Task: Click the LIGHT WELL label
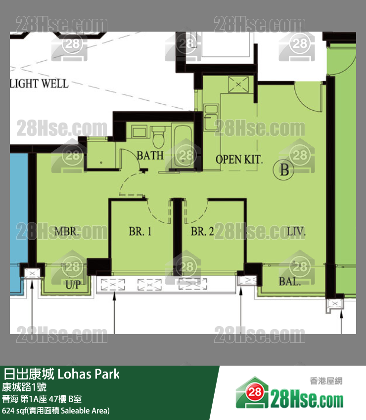tap(40, 84)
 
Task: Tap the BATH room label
tap(150, 155)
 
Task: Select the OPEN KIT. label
tap(239, 160)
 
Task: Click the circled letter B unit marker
tap(284, 169)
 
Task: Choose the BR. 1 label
tap(140, 231)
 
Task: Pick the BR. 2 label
tap(202, 231)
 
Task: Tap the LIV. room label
tap(296, 231)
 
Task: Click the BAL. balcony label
tap(289, 282)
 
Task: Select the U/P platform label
tap(73, 285)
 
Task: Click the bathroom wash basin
tap(139, 132)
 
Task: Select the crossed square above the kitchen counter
tap(238, 84)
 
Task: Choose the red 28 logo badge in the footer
tap(254, 392)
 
